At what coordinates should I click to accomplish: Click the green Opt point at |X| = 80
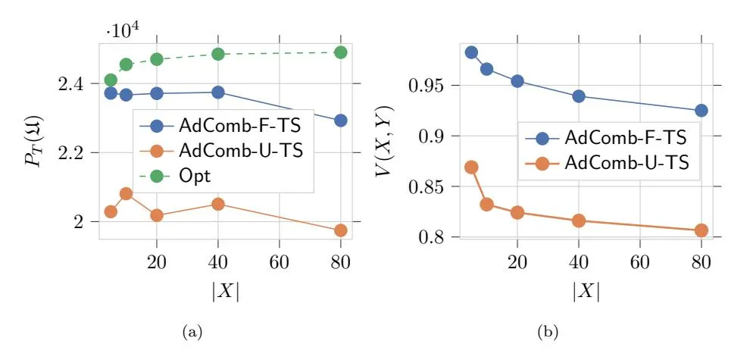(340, 52)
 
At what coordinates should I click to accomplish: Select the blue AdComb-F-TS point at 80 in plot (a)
(340, 121)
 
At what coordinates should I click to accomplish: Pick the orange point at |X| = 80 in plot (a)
(340, 230)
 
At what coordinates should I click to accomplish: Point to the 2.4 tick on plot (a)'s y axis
(73, 83)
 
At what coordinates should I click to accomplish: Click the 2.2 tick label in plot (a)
(73, 152)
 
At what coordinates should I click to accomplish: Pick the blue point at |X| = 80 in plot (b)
(701, 111)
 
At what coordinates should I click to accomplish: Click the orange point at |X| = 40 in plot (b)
(579, 221)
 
